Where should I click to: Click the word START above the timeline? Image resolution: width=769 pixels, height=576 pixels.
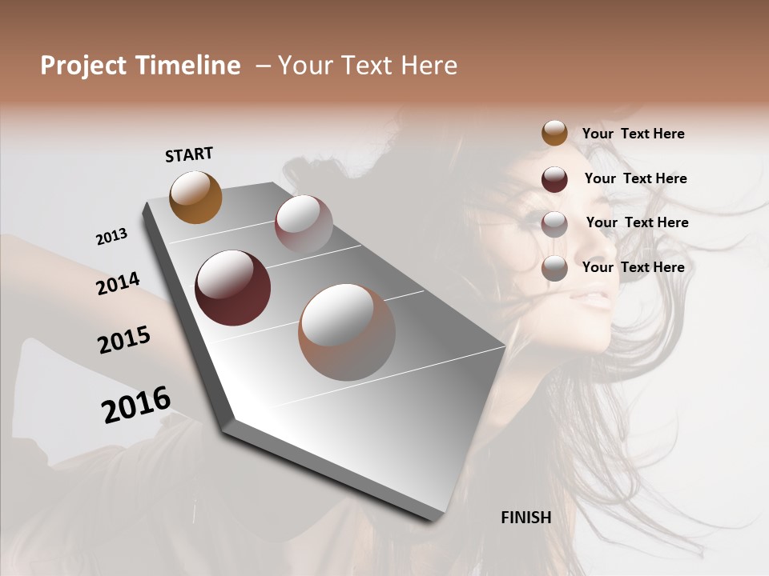click(x=189, y=154)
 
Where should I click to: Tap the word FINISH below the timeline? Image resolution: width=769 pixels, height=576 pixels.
click(x=525, y=518)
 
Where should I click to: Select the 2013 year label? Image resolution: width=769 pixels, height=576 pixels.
click(x=111, y=237)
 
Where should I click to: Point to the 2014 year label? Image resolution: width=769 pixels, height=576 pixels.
click(x=118, y=283)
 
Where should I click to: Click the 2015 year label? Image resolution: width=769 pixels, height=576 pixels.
click(x=124, y=340)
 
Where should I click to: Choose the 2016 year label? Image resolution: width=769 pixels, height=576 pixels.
click(x=136, y=404)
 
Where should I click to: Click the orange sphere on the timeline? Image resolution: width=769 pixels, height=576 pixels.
click(x=195, y=197)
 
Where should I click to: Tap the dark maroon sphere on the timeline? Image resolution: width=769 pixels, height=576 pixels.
click(x=232, y=288)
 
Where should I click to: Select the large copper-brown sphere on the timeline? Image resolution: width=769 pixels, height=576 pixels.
click(x=347, y=332)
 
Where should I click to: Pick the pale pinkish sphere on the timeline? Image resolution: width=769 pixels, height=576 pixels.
click(x=304, y=223)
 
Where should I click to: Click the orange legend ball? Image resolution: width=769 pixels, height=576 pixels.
click(x=554, y=133)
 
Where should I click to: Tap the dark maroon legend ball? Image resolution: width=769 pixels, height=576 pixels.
click(x=554, y=179)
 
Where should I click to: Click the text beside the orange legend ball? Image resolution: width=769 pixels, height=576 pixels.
click(x=633, y=134)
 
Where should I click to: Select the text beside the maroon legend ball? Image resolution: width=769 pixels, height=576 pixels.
click(x=635, y=178)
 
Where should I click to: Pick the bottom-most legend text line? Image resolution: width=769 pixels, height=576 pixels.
click(x=633, y=267)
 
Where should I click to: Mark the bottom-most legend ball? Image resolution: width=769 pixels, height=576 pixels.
click(x=554, y=269)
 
